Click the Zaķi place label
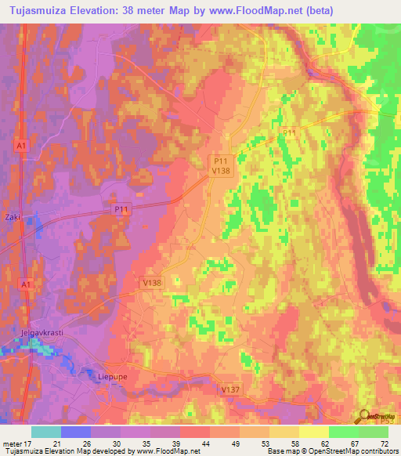coord(13,217)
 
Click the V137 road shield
coord(229,389)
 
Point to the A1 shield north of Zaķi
coord(23,146)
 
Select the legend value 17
coord(32,442)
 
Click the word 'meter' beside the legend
coord(13,442)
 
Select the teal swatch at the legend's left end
coord(46,431)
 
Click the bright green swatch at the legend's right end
coord(373,431)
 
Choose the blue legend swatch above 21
coord(76,431)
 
